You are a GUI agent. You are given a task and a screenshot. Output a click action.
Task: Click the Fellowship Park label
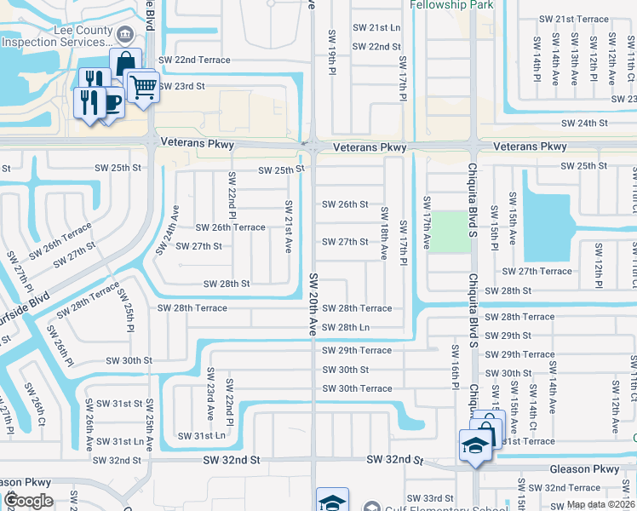click(x=451, y=5)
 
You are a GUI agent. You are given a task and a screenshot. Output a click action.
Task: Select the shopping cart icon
click(x=143, y=85)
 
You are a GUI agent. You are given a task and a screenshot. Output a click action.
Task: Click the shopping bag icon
click(x=126, y=63)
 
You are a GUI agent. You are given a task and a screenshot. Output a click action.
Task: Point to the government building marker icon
click(x=125, y=35)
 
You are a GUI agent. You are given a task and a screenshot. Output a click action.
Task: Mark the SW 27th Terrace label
click(x=537, y=271)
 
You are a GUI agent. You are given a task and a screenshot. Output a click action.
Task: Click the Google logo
click(x=28, y=501)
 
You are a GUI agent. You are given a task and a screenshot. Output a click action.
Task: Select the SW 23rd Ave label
click(x=210, y=393)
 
